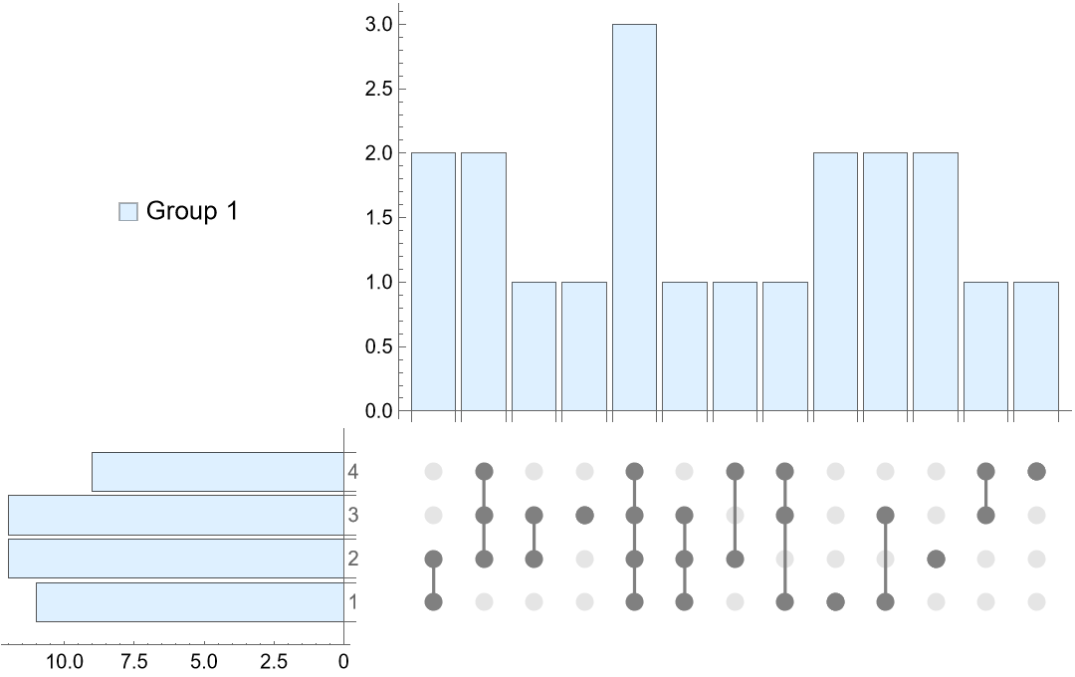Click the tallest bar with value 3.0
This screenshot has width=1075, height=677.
pos(634,217)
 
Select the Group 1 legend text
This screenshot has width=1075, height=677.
pos(192,211)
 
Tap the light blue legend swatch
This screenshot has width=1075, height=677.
pos(127,211)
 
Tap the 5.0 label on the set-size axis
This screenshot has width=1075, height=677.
pos(204,660)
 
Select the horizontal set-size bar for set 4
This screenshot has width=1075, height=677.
pos(217,472)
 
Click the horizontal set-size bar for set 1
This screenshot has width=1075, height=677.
pos(189,602)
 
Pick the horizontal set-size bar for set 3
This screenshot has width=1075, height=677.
pos(175,515)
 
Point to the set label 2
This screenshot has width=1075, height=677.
pos(352,559)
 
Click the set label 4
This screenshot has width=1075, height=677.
pos(352,472)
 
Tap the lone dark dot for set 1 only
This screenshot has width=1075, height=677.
pos(835,601)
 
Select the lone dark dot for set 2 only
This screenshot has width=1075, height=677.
pos(936,559)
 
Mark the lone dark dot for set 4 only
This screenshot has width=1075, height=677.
pos(1036,471)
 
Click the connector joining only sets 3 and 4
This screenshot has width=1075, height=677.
pos(985,493)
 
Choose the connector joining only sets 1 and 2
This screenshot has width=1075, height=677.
pos(433,580)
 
